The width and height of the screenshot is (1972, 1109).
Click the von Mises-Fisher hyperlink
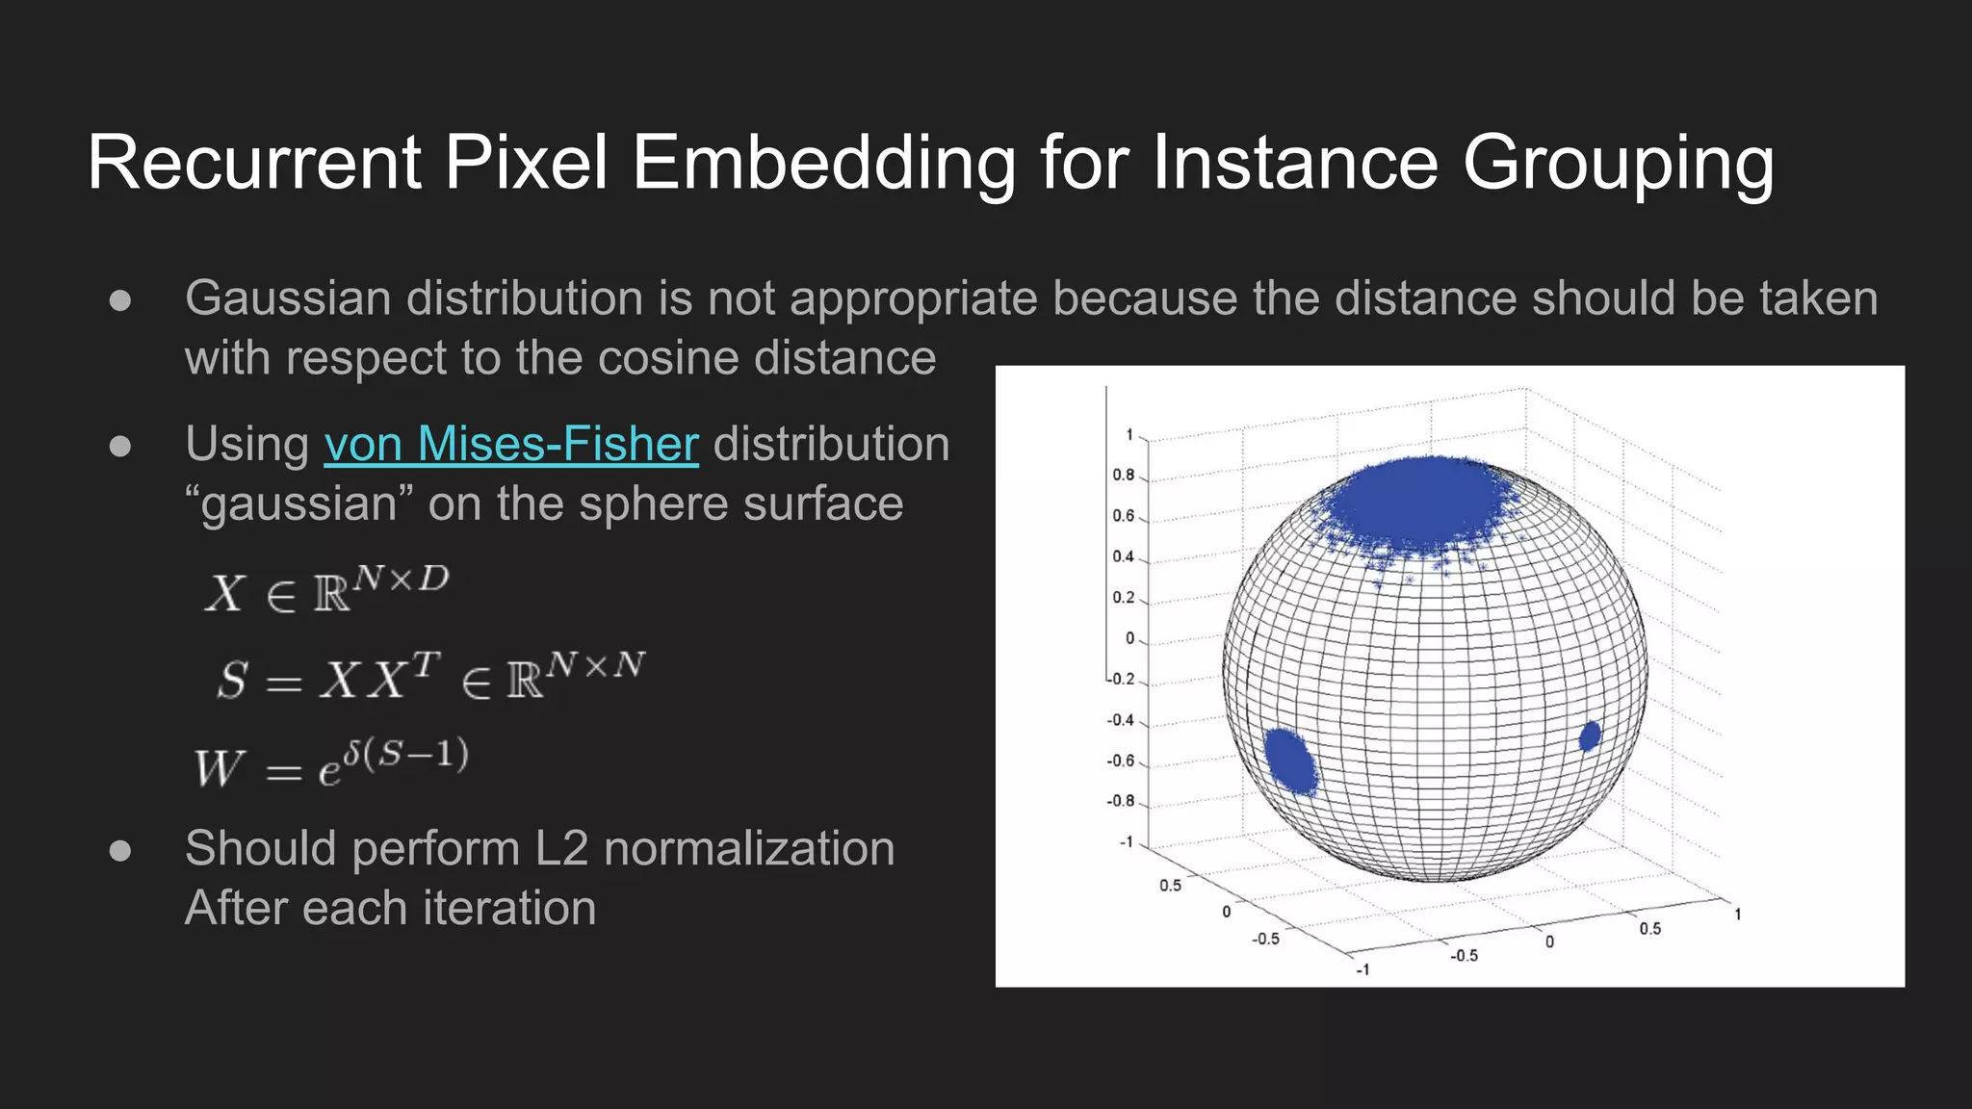pos(511,445)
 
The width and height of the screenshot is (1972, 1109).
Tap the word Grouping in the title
pos(1618,164)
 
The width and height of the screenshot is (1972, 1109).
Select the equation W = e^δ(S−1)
pos(331,763)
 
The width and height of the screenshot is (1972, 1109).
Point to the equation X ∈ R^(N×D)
pos(326,590)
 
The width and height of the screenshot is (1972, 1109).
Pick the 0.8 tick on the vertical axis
pos(1123,476)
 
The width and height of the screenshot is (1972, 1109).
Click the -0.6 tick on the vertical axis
pos(1121,761)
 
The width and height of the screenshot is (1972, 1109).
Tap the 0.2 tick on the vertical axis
pos(1123,598)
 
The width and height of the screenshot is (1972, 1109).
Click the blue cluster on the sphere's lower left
pos(1290,761)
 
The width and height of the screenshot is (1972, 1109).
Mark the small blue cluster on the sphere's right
pos(1590,736)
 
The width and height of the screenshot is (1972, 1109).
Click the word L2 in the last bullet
pos(560,849)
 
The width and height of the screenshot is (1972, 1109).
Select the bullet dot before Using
pos(120,447)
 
